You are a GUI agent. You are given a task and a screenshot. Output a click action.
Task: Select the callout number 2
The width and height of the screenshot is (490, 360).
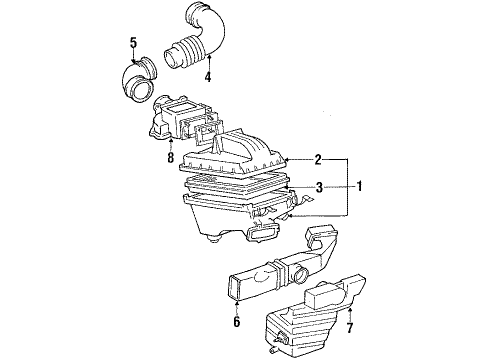(x=317, y=159)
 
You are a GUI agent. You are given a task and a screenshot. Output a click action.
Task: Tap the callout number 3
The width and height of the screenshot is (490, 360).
(x=317, y=186)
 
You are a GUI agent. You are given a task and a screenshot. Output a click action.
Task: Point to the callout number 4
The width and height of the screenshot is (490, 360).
(x=208, y=76)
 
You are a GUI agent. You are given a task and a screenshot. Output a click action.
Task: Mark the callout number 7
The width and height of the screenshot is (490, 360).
(x=349, y=326)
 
